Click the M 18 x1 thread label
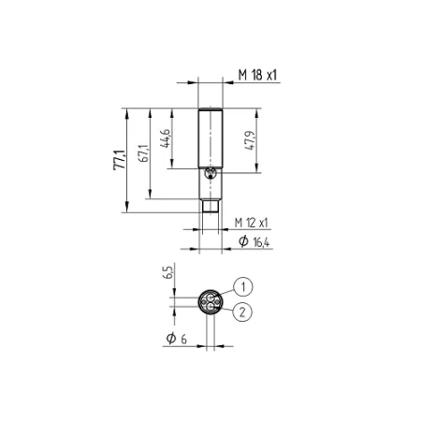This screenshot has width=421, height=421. (257, 75)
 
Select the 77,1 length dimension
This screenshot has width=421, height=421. (119, 160)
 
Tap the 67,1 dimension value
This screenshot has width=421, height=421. (143, 153)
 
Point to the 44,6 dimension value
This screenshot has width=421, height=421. (165, 138)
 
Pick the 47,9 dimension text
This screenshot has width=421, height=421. (250, 140)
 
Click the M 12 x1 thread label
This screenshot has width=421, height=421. (251, 223)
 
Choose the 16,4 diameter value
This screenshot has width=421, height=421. (261, 242)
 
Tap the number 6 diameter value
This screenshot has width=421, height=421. (183, 340)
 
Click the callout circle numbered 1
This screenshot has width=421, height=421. (243, 286)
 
